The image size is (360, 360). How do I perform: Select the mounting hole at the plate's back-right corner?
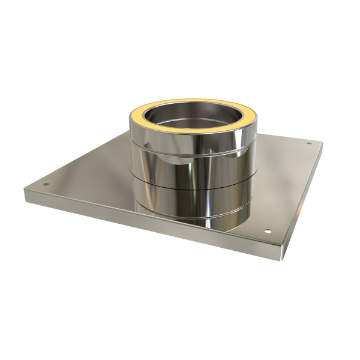point(309,143)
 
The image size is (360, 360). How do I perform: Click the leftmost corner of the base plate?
point(25,191)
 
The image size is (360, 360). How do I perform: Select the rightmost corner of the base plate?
point(323,143)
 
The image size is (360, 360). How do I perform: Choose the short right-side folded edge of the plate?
point(303,198)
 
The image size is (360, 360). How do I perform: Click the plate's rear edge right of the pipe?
point(282,137)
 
